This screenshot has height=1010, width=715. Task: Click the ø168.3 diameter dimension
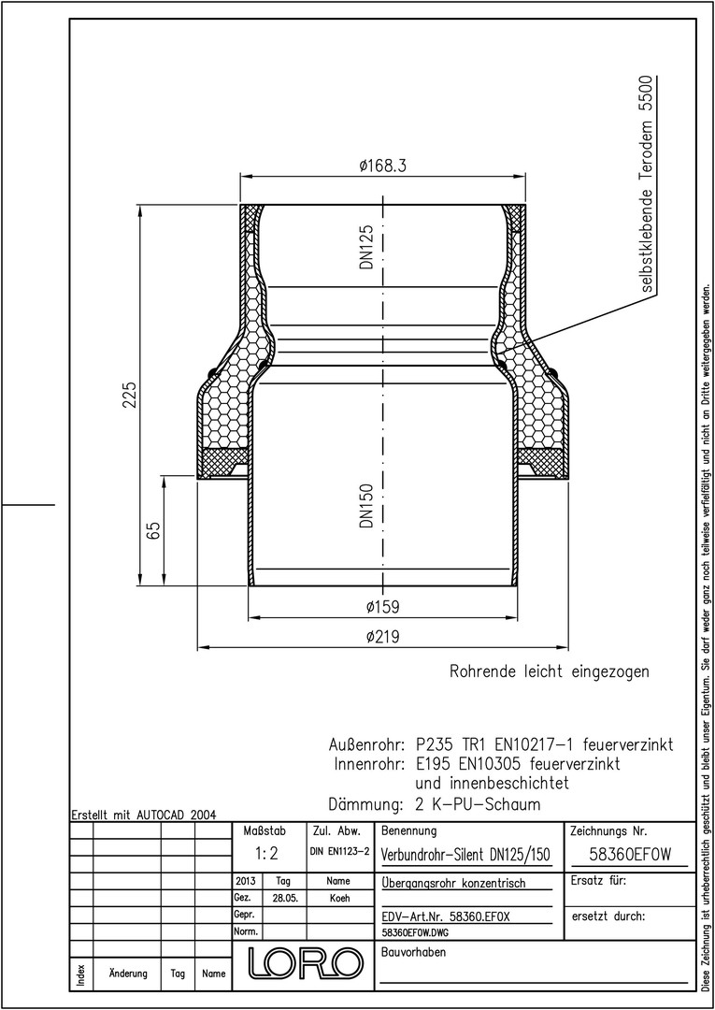click(383, 166)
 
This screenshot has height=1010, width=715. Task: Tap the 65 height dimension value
click(153, 531)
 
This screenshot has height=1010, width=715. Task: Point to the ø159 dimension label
click(382, 607)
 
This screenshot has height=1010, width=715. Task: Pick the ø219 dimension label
click(382, 637)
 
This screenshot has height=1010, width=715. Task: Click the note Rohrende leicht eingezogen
click(549, 671)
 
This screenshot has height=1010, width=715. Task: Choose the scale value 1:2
click(265, 854)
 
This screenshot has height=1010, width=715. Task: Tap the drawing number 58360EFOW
click(630, 855)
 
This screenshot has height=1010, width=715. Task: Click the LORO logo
click(302, 962)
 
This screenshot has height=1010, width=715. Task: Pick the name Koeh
click(339, 899)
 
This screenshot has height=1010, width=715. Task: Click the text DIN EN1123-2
click(339, 852)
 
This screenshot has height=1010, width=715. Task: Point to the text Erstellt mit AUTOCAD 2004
click(144, 815)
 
